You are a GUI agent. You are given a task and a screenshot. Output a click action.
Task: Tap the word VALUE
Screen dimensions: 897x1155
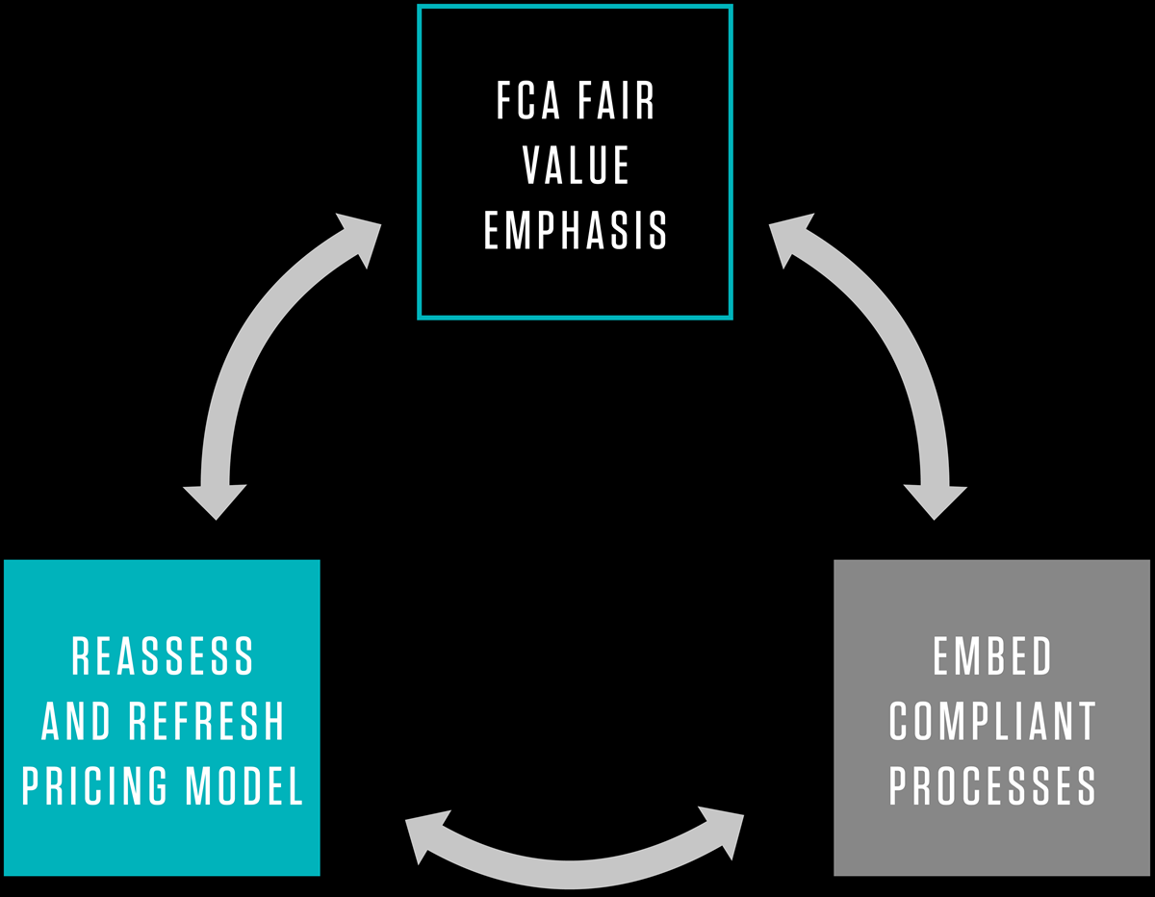[576, 166]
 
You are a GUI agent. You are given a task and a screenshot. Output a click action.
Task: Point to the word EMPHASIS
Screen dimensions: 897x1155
[576, 230]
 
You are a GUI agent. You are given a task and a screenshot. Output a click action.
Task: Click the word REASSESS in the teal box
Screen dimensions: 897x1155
[163, 657]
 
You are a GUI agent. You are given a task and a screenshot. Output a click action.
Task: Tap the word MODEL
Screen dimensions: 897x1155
[245, 785]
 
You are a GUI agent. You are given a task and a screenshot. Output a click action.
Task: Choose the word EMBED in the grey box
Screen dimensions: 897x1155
[992, 657]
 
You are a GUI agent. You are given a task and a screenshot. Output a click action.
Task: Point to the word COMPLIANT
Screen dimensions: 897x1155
[992, 722]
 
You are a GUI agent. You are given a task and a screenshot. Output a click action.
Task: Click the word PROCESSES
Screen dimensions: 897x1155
[992, 785]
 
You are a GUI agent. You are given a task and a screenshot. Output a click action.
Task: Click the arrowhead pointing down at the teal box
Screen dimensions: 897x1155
[216, 500]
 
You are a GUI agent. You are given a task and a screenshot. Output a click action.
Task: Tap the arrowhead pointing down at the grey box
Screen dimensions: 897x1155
[935, 500]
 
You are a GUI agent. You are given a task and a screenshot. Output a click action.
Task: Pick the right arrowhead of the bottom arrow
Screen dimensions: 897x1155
[726, 828]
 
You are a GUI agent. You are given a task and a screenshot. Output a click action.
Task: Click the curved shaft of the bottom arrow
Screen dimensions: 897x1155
[576, 871]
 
